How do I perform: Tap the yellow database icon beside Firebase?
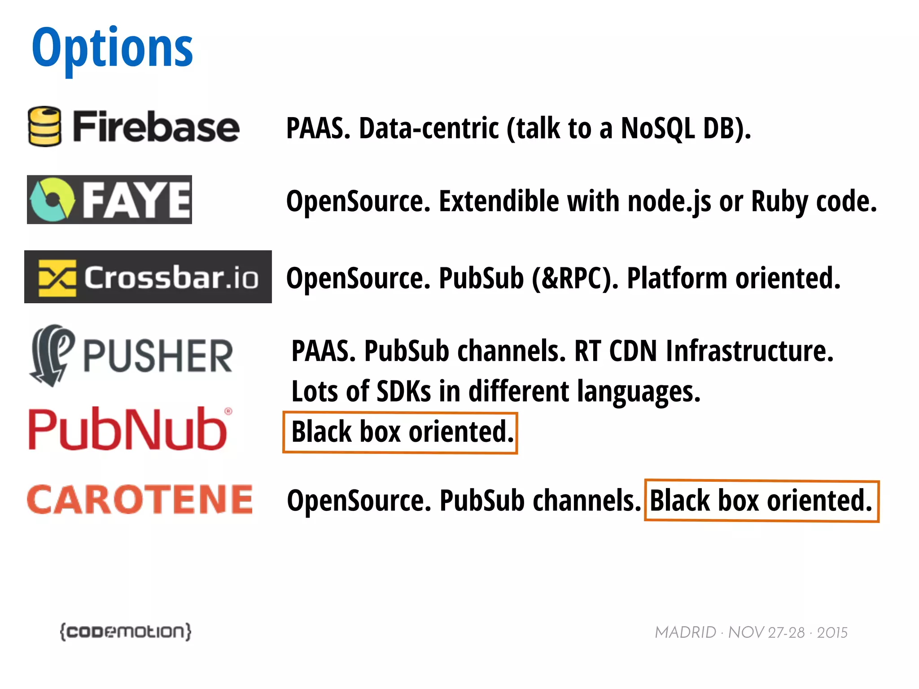44,126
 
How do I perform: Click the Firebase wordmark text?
156,127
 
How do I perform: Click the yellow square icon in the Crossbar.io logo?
57,278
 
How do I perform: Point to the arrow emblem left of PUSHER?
51,355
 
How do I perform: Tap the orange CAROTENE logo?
140,499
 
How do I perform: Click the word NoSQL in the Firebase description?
658,128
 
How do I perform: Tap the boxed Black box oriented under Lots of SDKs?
400,432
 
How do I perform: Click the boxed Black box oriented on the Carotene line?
761,501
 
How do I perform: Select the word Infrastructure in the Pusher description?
749,351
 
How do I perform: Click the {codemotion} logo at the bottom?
126,632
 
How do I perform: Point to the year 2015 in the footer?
832,632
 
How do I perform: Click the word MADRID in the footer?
685,632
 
